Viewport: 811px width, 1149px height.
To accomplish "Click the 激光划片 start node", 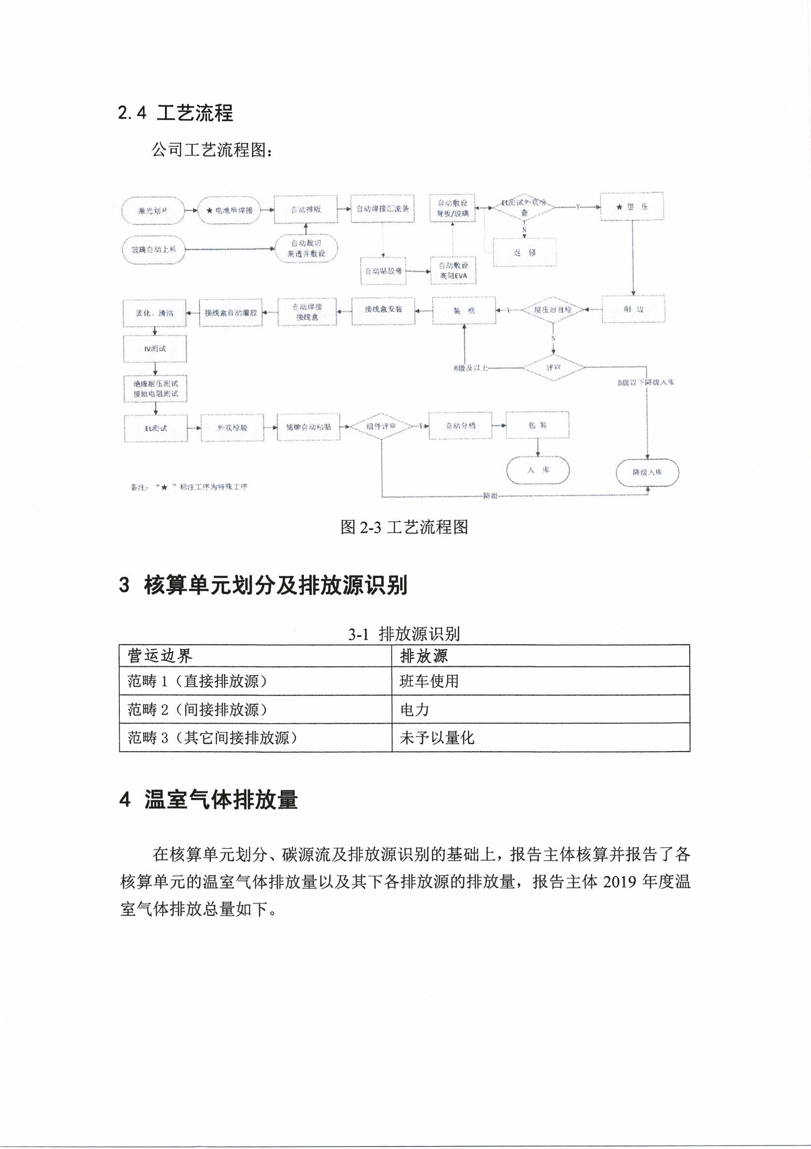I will coord(153,211).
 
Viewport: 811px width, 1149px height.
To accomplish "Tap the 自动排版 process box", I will coord(305,210).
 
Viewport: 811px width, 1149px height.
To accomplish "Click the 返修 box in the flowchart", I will coord(524,253).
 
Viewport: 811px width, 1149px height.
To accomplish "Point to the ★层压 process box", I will coord(632,207).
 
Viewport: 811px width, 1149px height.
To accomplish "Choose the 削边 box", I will coord(633,309).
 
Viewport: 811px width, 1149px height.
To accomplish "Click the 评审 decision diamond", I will coord(554,368).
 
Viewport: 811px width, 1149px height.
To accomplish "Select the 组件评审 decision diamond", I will coord(381,426).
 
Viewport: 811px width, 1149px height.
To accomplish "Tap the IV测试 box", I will coord(155,348).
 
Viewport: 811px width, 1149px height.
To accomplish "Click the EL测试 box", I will coord(156,428).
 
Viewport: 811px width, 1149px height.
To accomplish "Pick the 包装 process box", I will coord(538,425).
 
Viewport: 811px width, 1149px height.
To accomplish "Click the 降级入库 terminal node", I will coord(647,472).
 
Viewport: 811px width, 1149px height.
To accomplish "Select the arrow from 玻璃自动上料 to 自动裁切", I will coord(230,249).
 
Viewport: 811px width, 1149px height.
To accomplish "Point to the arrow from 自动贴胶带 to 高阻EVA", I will coord(418,271).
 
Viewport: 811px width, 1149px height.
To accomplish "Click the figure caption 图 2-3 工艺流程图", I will coord(404,527).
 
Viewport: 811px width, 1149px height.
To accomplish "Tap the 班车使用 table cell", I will coord(429,681).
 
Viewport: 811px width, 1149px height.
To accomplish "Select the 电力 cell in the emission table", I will coord(414,710).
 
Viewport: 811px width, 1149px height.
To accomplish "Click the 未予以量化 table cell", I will coord(436,737).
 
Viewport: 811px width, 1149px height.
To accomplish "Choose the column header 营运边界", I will coord(160,655).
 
